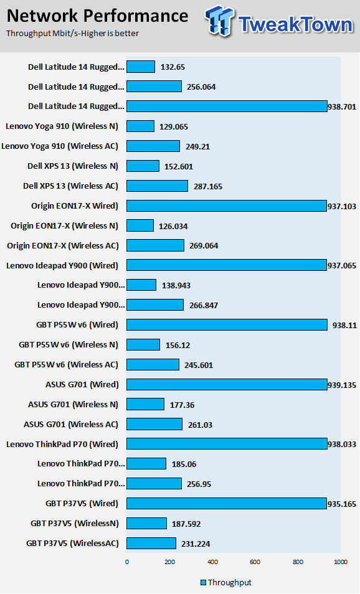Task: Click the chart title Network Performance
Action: [x=97, y=16]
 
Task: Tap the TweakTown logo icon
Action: [x=219, y=21]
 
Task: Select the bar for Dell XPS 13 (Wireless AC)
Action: [x=157, y=186]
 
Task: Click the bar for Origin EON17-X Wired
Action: [x=227, y=205]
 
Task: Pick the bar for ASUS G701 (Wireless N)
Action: [x=146, y=404]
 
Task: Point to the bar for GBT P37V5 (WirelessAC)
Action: [x=151, y=543]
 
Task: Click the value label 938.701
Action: [x=342, y=107]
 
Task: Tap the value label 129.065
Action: [x=174, y=126]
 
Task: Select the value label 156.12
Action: [x=178, y=345]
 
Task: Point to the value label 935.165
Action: [x=342, y=504]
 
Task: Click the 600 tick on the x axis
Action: [x=255, y=562]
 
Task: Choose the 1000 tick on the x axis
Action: [x=341, y=562]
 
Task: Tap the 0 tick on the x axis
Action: [x=127, y=562]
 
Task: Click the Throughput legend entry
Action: [x=226, y=582]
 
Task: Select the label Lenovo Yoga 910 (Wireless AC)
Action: [x=60, y=146]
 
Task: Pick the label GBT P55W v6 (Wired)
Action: [x=77, y=325]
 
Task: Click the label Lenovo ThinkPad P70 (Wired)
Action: [x=62, y=445]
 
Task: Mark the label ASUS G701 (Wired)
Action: [x=82, y=385]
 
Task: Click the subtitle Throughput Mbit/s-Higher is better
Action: [x=72, y=34]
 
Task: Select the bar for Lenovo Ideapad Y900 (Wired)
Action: [x=227, y=265]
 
